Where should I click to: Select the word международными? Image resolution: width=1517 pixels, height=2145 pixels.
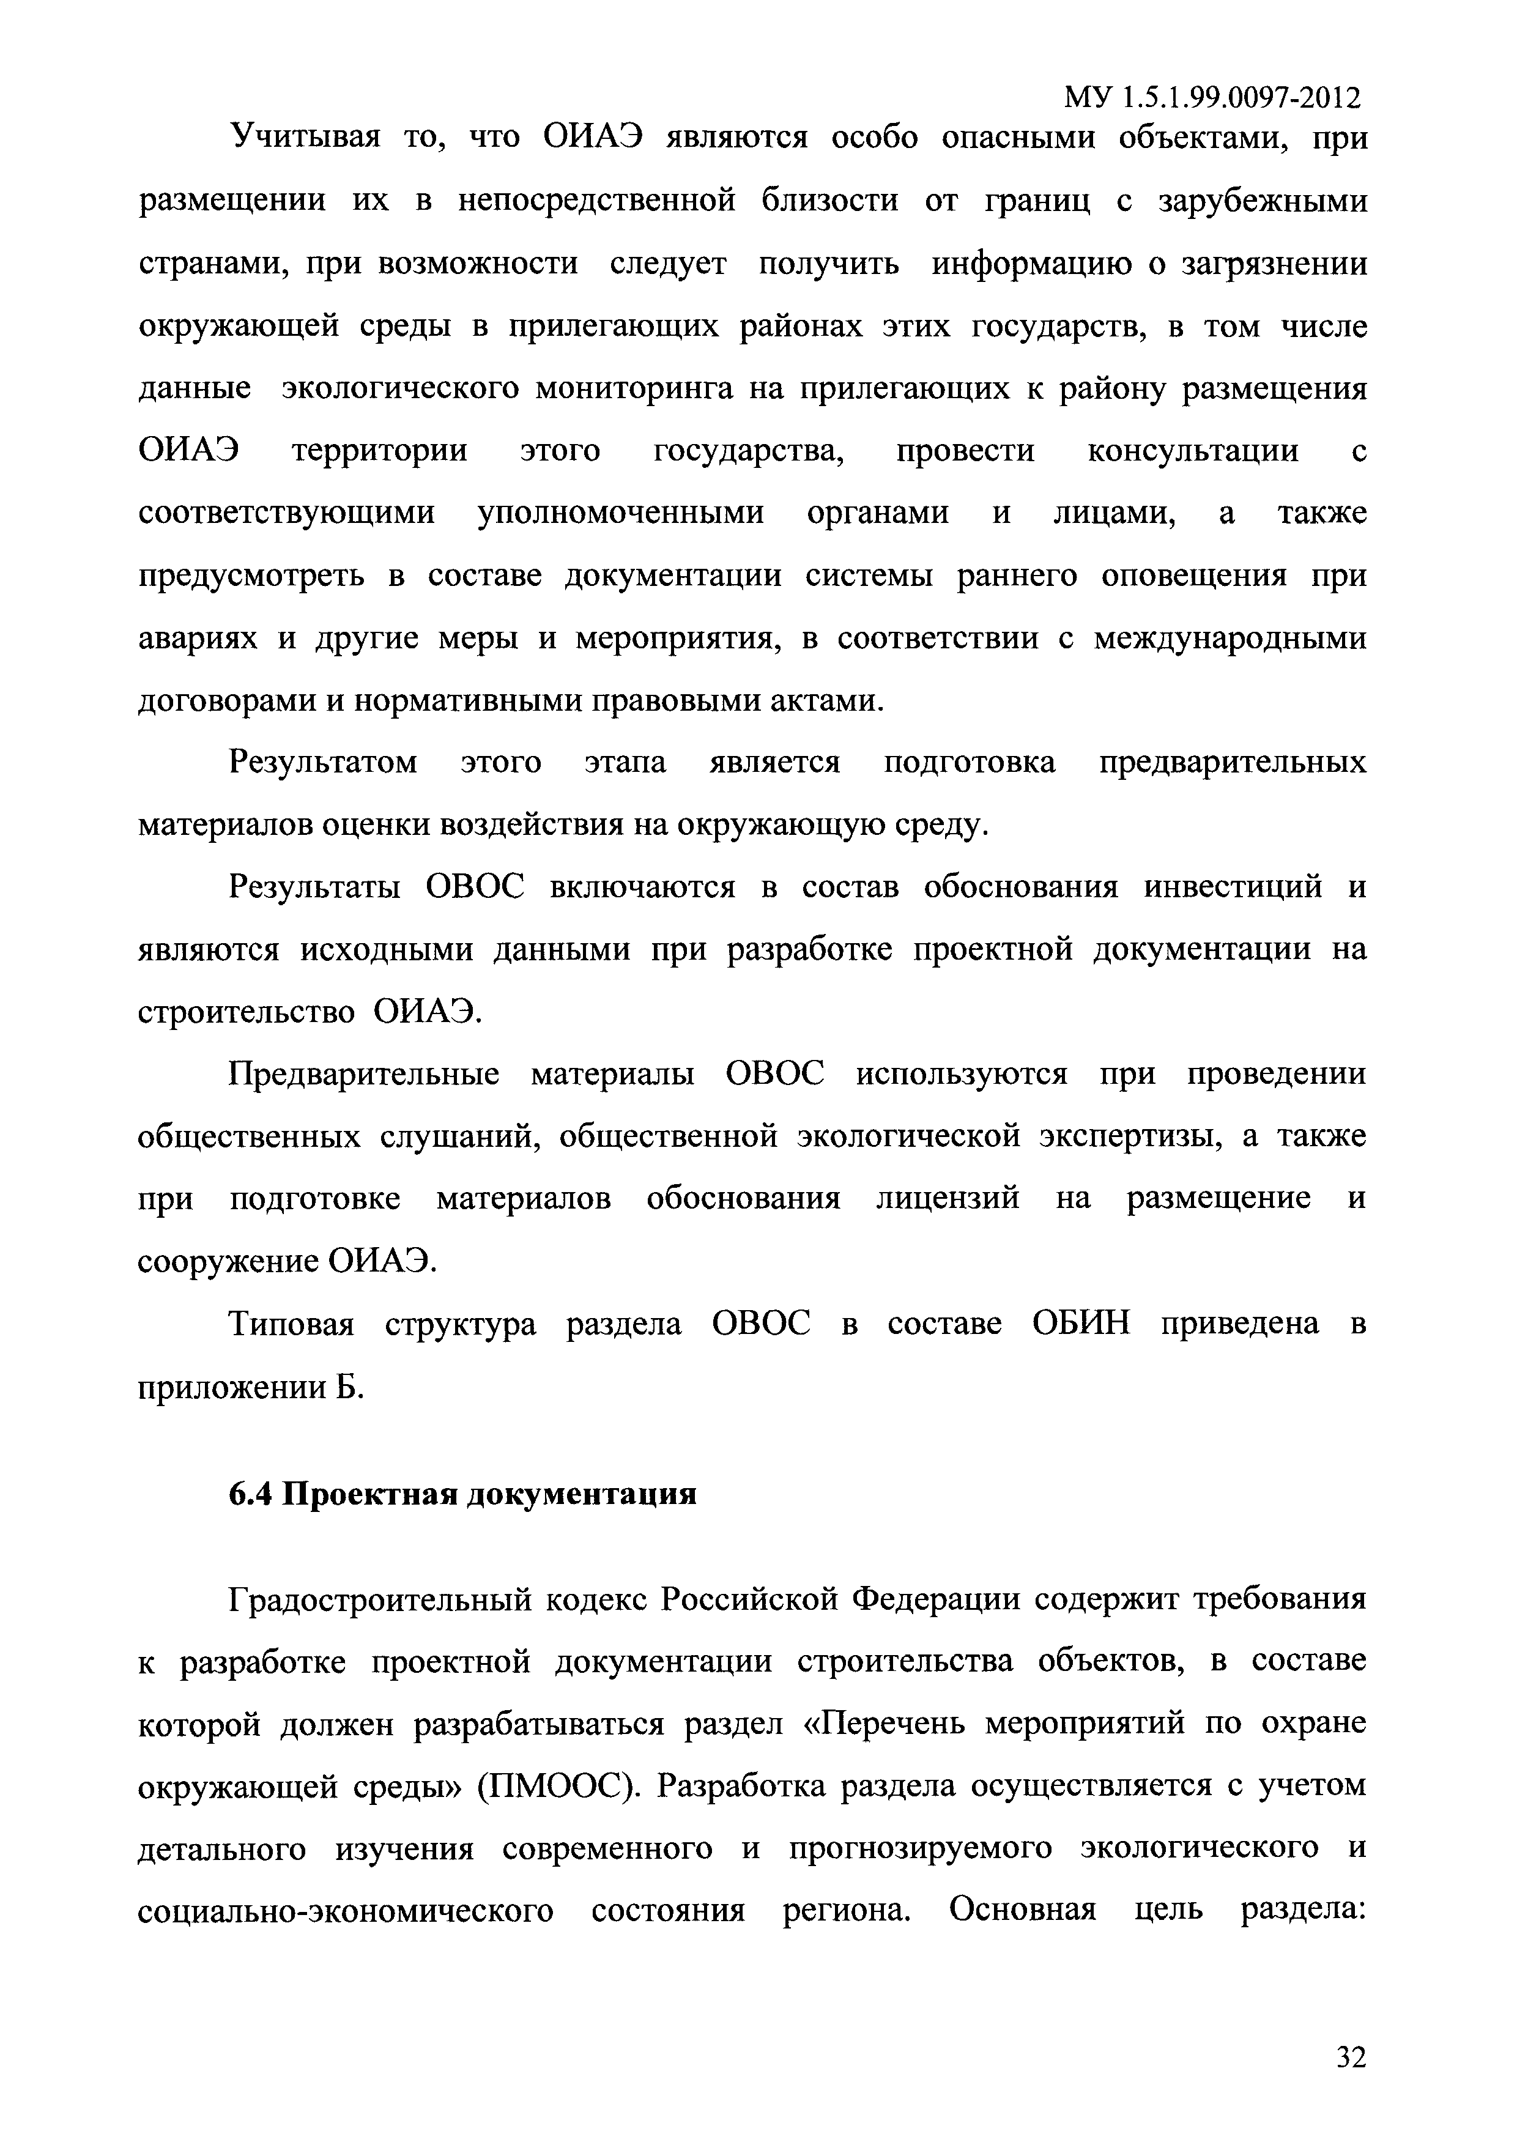[x=1230, y=639]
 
